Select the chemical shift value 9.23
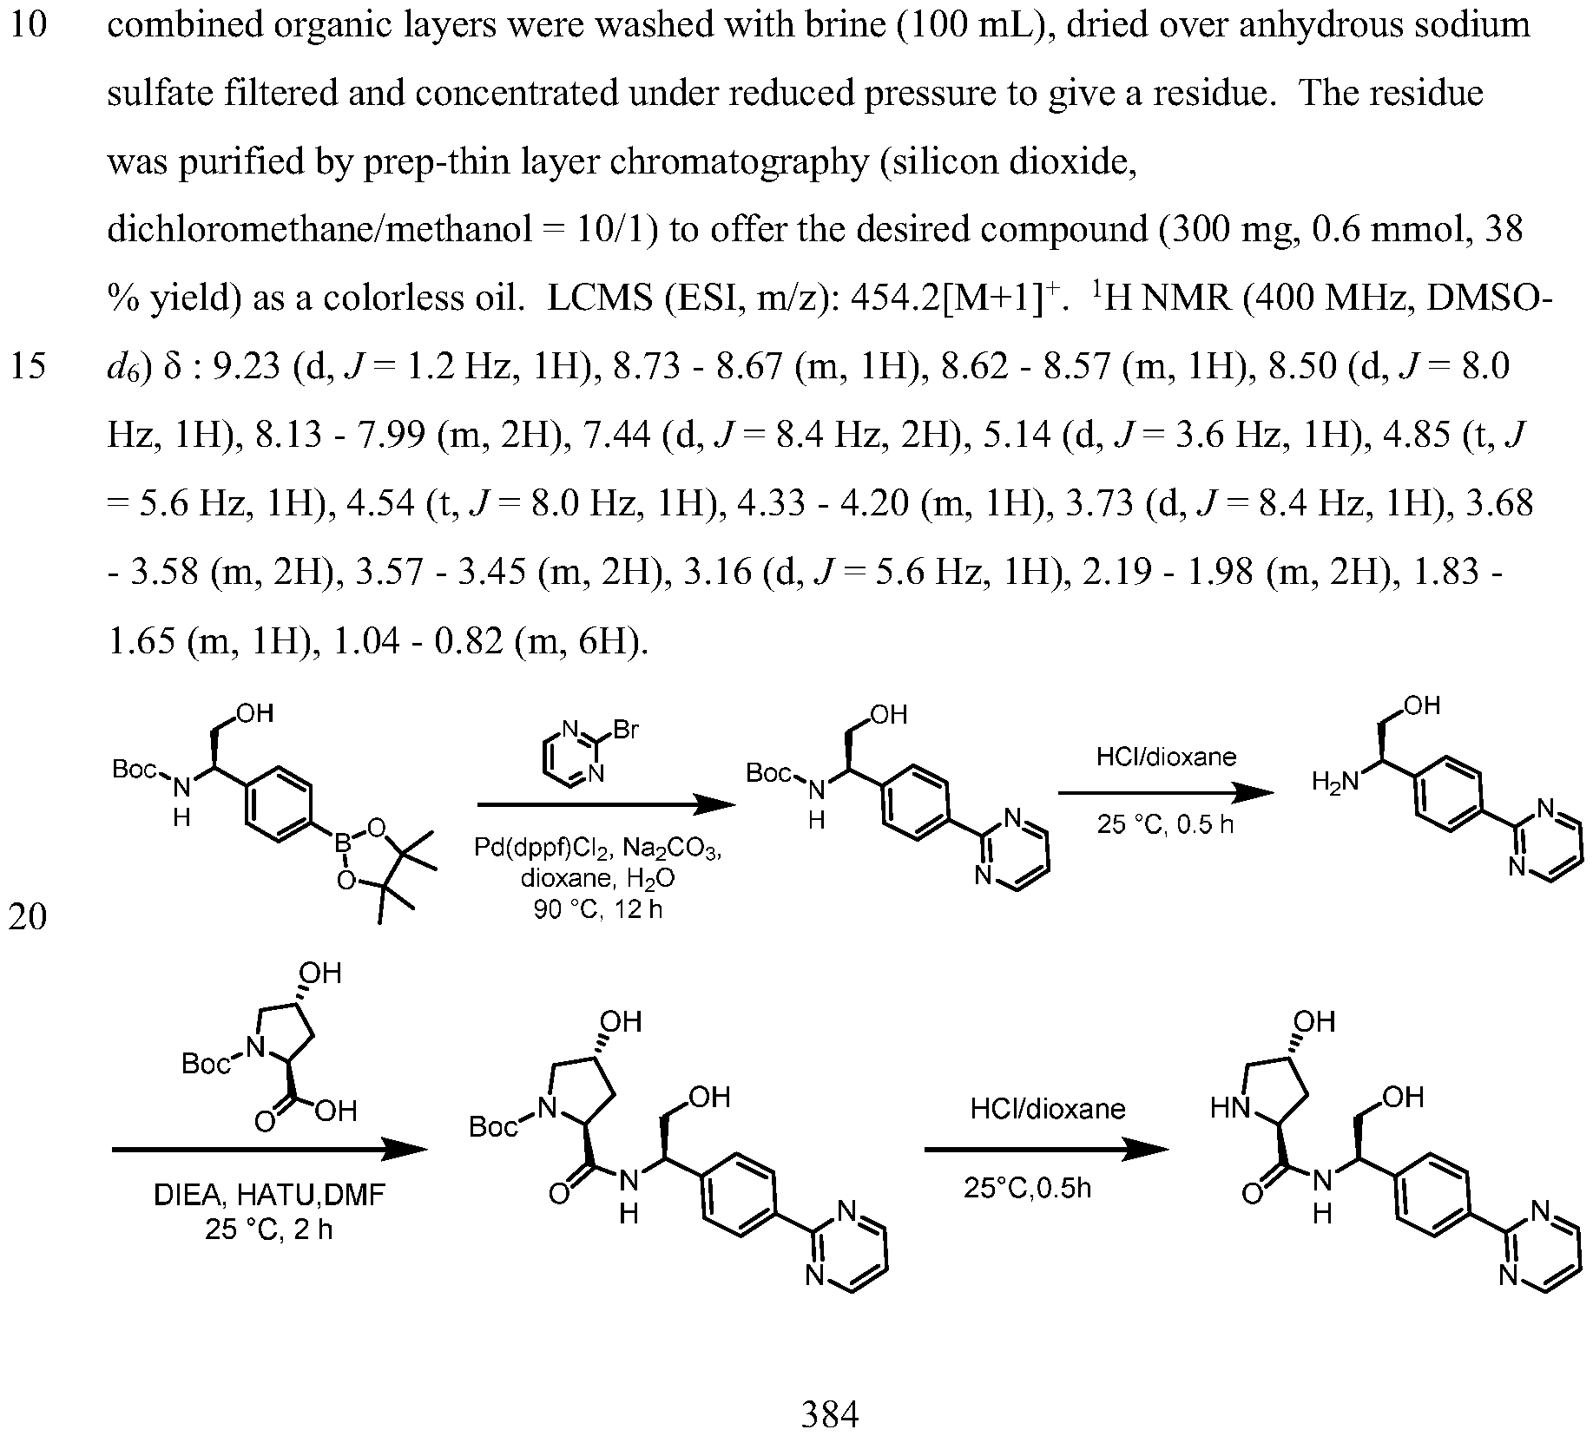coord(247,367)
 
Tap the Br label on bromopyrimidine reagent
coord(625,731)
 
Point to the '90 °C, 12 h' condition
coord(598,910)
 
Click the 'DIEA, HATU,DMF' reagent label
coord(268,1197)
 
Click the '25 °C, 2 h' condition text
coord(268,1229)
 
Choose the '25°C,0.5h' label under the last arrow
coord(1027,1188)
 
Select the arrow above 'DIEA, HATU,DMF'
coord(269,1151)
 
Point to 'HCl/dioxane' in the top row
coord(1166,757)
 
